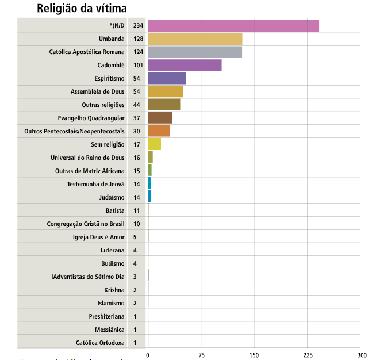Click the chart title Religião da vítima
(x=82, y=9)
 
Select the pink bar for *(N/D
(x=233, y=26)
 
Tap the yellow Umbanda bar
(x=195, y=39)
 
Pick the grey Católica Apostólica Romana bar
(x=195, y=52)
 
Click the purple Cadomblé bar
(x=185, y=65)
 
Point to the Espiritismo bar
(x=167, y=78)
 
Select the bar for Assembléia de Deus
(x=166, y=91)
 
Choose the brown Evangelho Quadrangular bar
(x=160, y=118)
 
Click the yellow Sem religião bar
(x=154, y=144)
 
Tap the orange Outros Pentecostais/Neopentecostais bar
(x=159, y=131)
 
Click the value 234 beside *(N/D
(x=138, y=26)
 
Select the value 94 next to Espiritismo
(x=137, y=78)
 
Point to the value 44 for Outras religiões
(x=137, y=105)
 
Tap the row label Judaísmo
(x=112, y=197)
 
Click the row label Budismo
(x=113, y=263)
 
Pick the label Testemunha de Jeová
(x=96, y=183)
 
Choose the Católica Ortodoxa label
(x=100, y=342)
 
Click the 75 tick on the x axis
(x=201, y=354)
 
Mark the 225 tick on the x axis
(x=308, y=354)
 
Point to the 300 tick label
(x=361, y=354)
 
